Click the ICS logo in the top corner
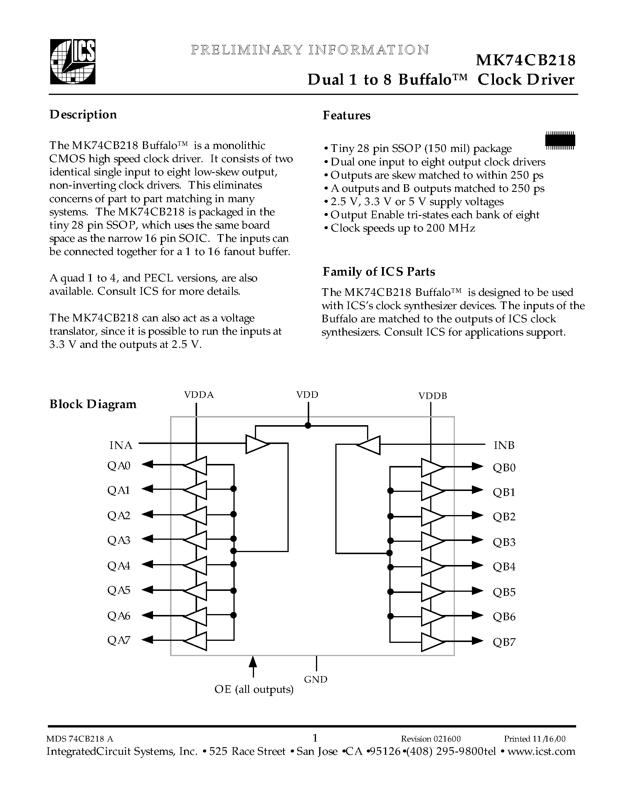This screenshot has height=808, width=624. click(x=73, y=62)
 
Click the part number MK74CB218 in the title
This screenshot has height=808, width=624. click(x=525, y=60)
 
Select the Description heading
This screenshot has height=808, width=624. click(x=83, y=115)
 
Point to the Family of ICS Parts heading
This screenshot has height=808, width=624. click(x=379, y=272)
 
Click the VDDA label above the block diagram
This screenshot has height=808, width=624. click(x=199, y=395)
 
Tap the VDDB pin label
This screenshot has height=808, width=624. click(x=433, y=396)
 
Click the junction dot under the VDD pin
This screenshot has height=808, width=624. click(x=307, y=425)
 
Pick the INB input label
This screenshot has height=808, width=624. click(x=504, y=445)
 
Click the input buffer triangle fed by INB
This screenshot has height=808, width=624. click(x=369, y=445)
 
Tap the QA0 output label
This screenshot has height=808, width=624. click(x=119, y=466)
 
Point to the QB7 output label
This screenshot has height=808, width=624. click(x=504, y=642)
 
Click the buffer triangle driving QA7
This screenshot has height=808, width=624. click(x=196, y=641)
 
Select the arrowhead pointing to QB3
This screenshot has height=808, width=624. click(x=477, y=540)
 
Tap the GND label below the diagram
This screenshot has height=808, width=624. click(x=316, y=680)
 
